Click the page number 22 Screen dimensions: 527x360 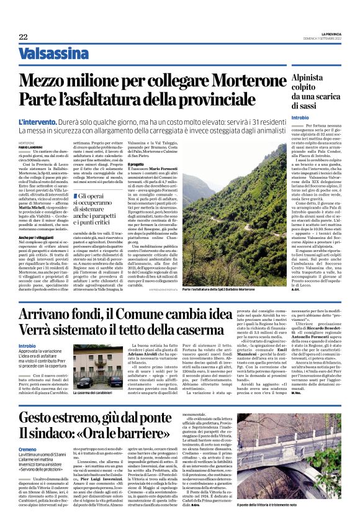[23, 37]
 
